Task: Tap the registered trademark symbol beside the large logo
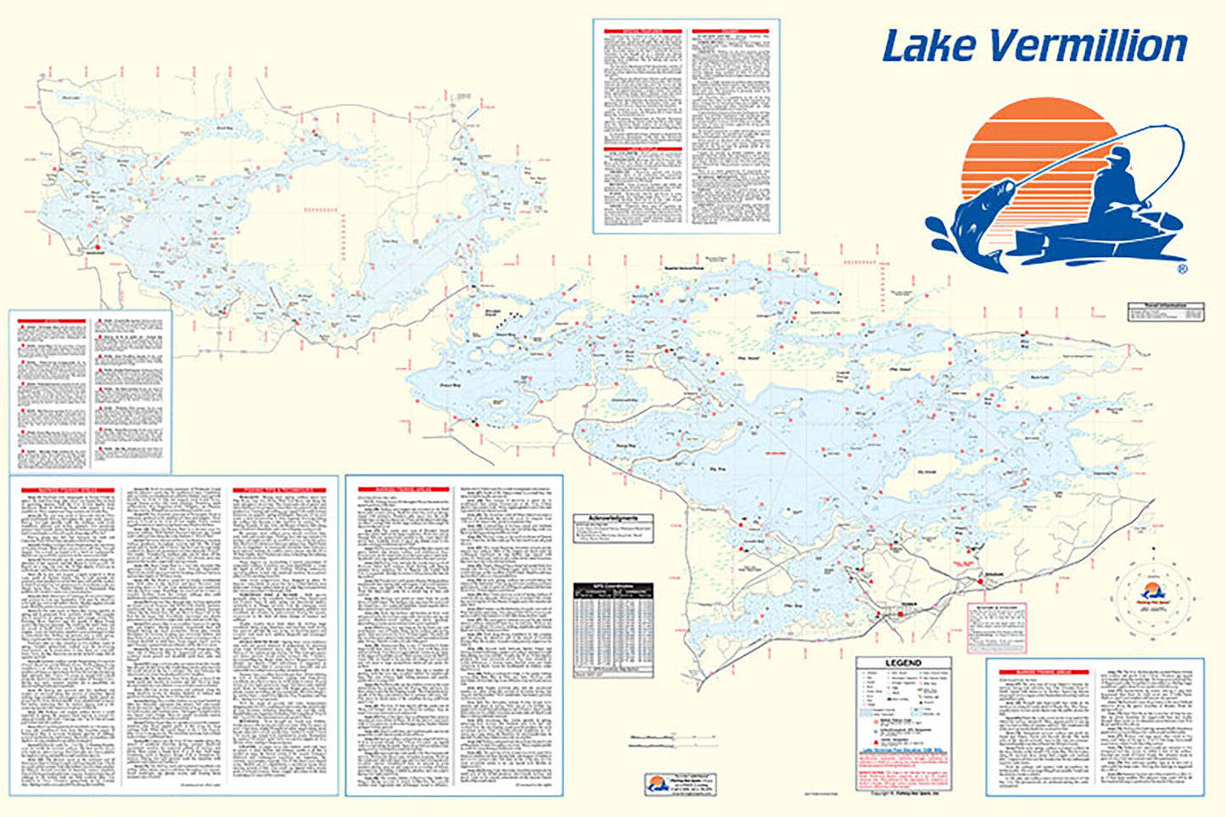point(1182,269)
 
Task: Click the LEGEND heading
point(903,663)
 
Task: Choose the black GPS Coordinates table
point(613,629)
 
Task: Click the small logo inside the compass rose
point(1152,592)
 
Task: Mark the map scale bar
point(670,741)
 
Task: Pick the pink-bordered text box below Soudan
point(998,627)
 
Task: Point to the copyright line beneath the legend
point(901,795)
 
